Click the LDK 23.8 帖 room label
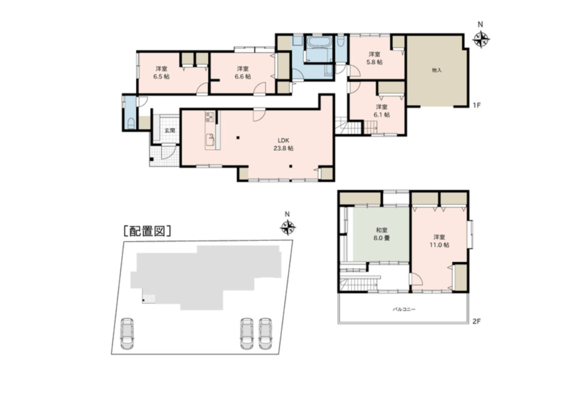point(283,145)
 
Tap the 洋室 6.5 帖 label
point(161,73)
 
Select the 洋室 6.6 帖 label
point(243,73)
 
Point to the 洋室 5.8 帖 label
point(374,58)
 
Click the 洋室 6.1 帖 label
point(381,111)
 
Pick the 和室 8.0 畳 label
point(381,234)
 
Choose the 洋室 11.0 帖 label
point(439,241)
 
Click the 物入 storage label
point(437,70)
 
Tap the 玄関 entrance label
point(169,131)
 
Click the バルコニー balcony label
point(403,309)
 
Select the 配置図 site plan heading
point(147,231)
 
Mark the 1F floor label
point(477,105)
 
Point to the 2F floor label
point(477,321)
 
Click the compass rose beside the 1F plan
point(480,40)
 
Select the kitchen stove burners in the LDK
point(209,117)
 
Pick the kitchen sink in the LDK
point(210,140)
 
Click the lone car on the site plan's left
point(127,333)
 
